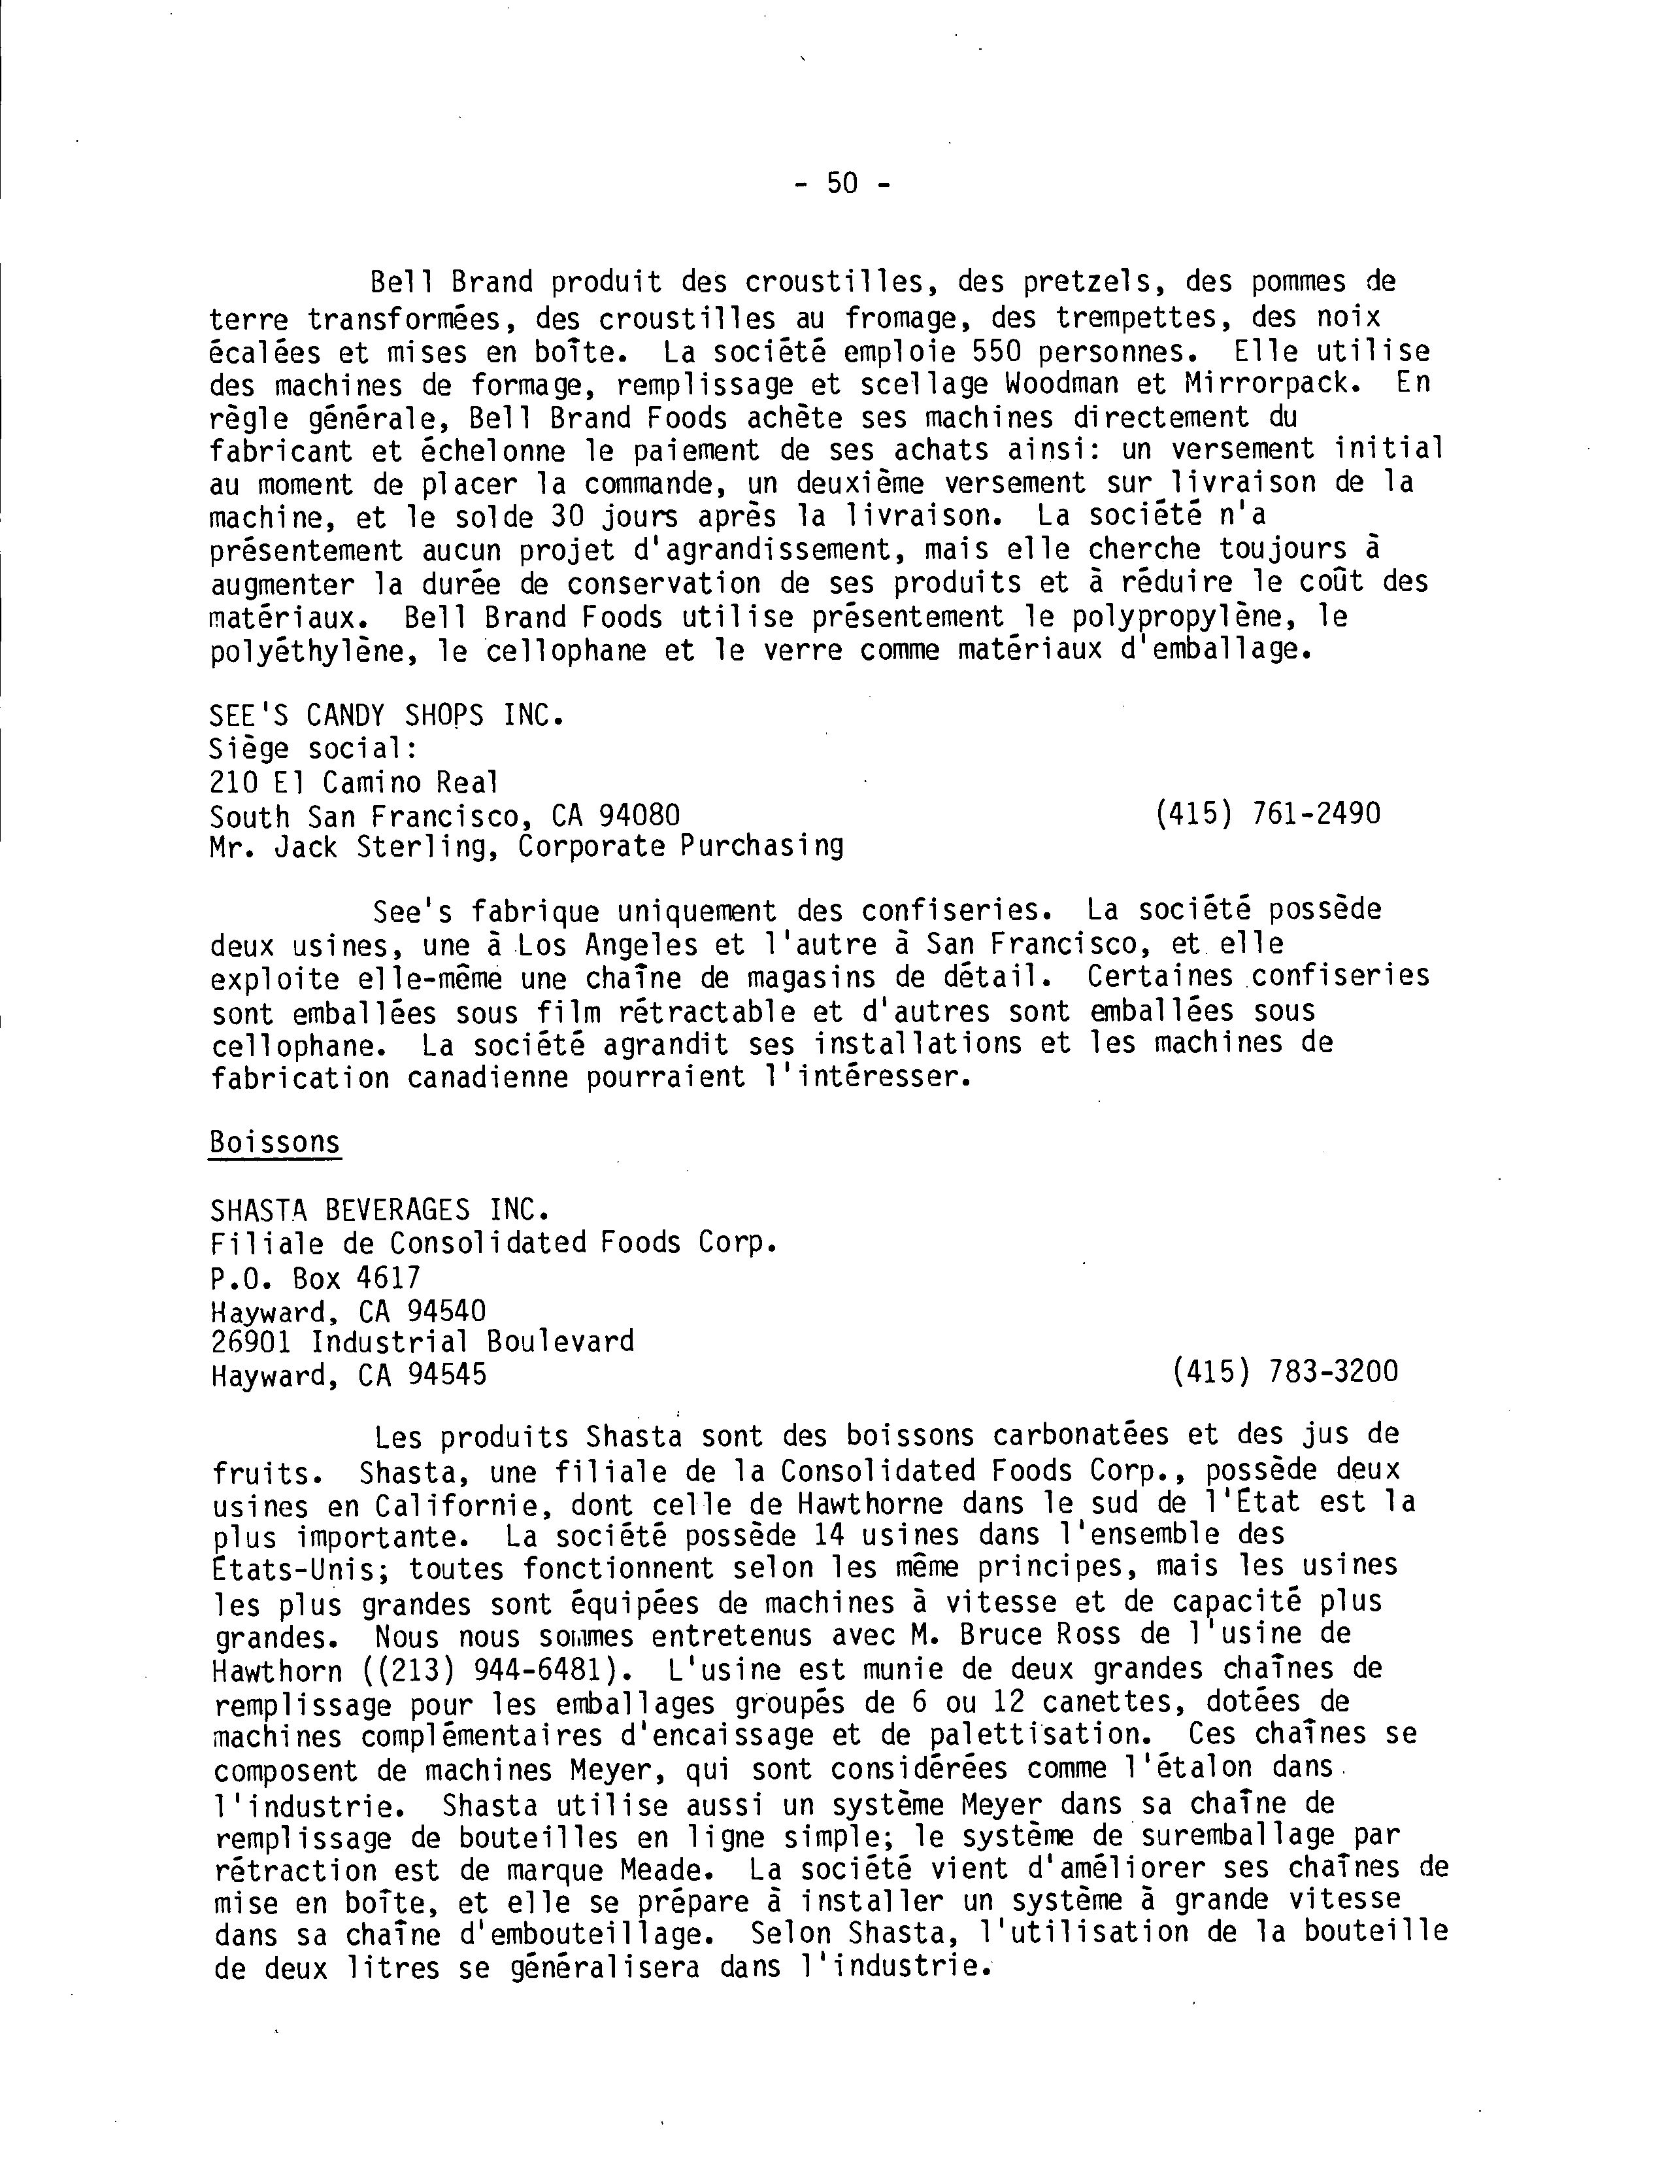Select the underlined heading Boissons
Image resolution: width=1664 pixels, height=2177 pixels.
click(275, 1142)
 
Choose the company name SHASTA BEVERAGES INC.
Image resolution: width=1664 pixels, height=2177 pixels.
click(379, 1210)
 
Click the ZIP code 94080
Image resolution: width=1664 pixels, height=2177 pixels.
click(639, 815)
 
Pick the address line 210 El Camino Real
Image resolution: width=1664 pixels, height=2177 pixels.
click(354, 783)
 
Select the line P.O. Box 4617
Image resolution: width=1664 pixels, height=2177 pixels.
click(316, 1277)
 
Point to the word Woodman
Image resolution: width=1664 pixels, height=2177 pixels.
click(1063, 385)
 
